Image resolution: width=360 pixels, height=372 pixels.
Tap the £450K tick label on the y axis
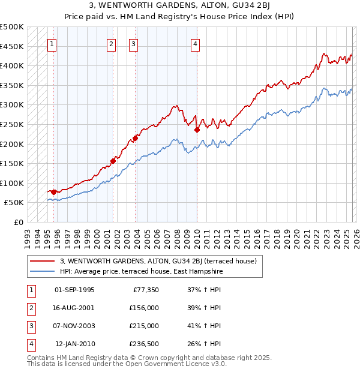12,46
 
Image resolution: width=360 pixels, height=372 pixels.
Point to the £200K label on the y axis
12,144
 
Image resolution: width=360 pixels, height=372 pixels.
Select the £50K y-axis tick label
14,203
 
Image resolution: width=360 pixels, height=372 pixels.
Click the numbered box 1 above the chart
52,43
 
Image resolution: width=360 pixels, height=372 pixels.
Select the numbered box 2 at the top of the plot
112,43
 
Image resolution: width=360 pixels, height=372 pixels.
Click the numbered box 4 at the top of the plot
196,43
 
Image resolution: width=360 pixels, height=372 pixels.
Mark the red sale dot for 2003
135,138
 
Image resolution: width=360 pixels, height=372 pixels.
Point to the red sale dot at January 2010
197,130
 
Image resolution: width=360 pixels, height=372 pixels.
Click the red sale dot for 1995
54,192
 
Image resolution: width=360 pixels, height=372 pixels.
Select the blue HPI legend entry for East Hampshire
141,271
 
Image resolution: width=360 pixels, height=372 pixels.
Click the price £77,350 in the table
145,290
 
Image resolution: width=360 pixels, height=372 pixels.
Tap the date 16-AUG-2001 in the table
74,308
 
